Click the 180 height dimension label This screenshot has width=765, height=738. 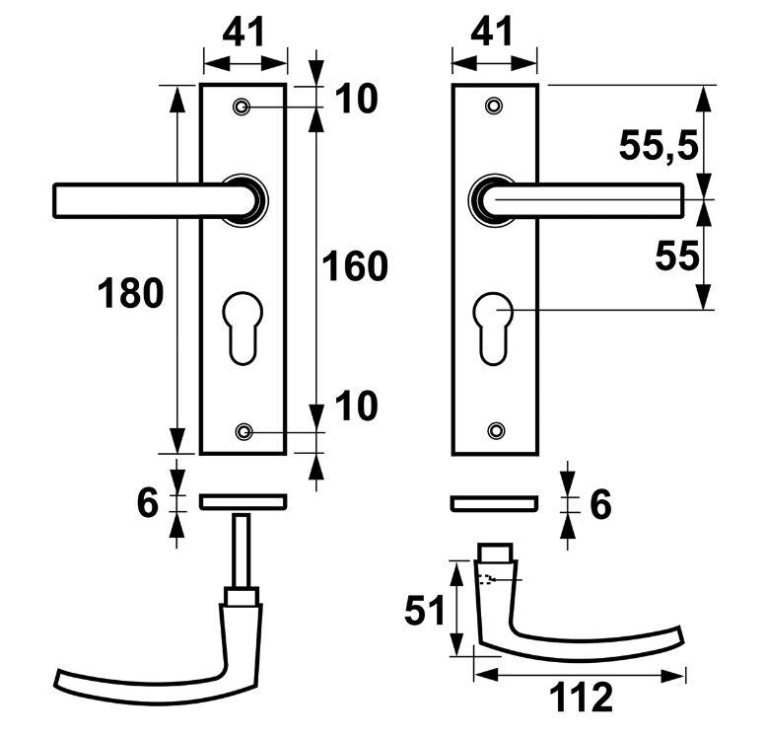pyautogui.click(x=130, y=293)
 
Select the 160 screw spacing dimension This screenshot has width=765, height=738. pyautogui.click(x=356, y=266)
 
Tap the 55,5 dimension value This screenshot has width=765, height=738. pyautogui.click(x=659, y=146)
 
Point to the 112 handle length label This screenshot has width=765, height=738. pyautogui.click(x=580, y=699)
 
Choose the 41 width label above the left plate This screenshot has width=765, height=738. pyautogui.click(x=243, y=32)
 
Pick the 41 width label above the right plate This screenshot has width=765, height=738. pyautogui.click(x=492, y=32)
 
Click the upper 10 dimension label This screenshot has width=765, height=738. pyautogui.click(x=355, y=99)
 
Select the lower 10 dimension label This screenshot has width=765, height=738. pyautogui.click(x=355, y=406)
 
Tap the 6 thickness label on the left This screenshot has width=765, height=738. pyautogui.click(x=147, y=503)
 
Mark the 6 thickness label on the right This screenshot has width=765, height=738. pyautogui.click(x=598, y=504)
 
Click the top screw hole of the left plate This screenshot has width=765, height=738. pyautogui.click(x=243, y=107)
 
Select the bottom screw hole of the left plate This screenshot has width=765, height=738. pyautogui.click(x=243, y=431)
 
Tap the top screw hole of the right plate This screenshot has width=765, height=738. pyautogui.click(x=495, y=106)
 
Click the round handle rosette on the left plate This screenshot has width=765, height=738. pyautogui.click(x=243, y=199)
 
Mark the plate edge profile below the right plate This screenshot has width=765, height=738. pyautogui.click(x=494, y=503)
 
